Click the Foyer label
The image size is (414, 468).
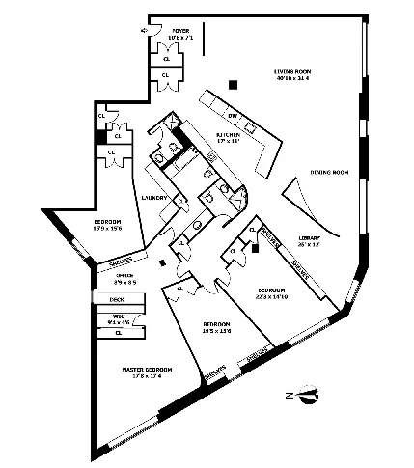tap(180, 31)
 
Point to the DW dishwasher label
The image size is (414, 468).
tap(206, 115)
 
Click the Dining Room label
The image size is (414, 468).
tap(329, 173)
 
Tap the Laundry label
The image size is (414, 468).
tap(155, 198)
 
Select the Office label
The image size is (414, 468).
tap(125, 276)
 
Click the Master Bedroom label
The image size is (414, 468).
tap(147, 370)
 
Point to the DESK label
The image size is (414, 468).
tap(116, 300)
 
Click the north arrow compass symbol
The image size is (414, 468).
tap(307, 394)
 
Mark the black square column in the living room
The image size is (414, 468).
tap(233, 88)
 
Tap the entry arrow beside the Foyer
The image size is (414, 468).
tap(143, 30)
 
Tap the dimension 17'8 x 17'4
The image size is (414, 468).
tap(147, 377)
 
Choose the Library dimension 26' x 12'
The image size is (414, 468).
tap(309, 245)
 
